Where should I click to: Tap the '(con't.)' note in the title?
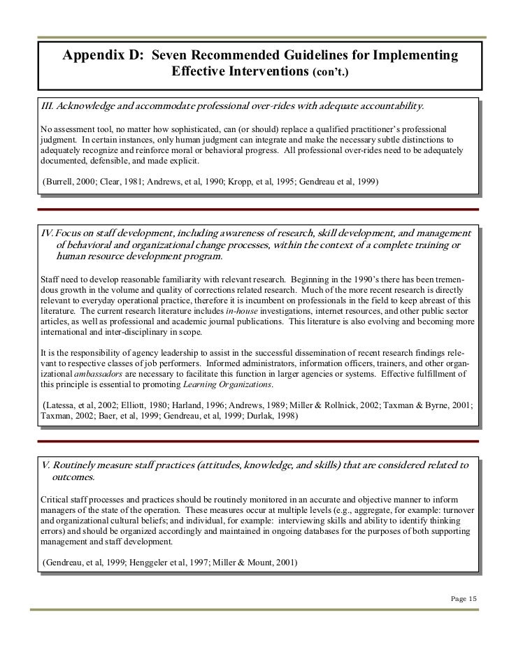[330, 73]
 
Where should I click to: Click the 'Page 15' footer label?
[461, 598]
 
